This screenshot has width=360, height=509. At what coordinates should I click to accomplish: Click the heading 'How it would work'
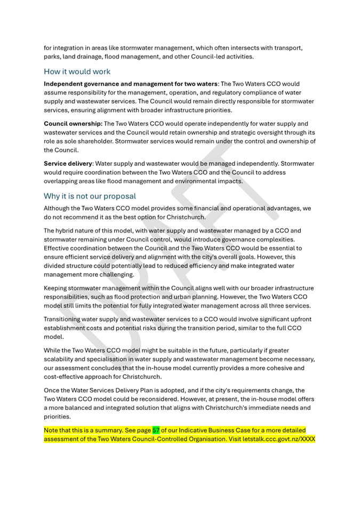pyautogui.click(x=77, y=71)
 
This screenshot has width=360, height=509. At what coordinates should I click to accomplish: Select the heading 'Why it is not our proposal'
pyautogui.click(x=90, y=196)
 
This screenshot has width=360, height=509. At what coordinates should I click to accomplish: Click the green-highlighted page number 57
pyautogui.click(x=156, y=430)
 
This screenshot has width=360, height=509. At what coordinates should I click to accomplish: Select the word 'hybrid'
pyautogui.click(x=68, y=231)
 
